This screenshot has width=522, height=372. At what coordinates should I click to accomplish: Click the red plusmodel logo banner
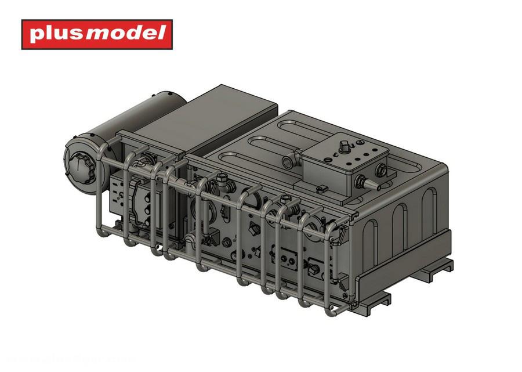point(97,34)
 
